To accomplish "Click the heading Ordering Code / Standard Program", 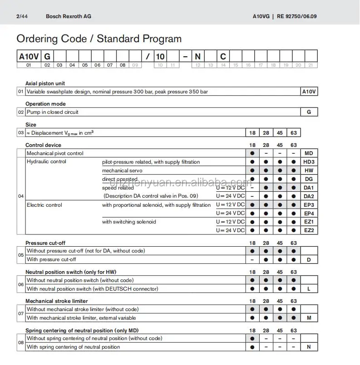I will (99, 39).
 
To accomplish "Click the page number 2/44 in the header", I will (21, 16).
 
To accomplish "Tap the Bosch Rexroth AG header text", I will (69, 16).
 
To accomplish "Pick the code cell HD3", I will (309, 162).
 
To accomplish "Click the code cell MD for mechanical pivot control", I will (309, 153).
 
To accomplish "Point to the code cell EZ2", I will (309, 230).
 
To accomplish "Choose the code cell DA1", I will (309, 188).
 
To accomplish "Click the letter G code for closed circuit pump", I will (309, 112).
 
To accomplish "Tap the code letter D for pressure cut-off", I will (309, 259).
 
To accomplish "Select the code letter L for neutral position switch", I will (309, 289).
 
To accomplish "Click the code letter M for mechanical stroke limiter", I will (309, 318).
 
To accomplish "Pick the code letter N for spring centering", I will (309, 347).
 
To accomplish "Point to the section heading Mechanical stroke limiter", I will (57, 301).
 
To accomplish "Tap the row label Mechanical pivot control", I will (55, 153).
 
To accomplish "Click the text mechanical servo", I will (122, 170).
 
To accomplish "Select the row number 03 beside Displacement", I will (21, 133).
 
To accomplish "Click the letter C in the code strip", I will (223, 56).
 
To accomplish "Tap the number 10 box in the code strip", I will (160, 56).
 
